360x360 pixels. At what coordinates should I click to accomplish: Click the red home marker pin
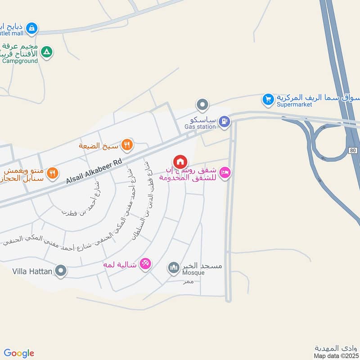[x=180, y=161]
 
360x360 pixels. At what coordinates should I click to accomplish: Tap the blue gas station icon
[x=224, y=121]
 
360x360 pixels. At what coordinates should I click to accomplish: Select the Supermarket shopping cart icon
[x=268, y=99]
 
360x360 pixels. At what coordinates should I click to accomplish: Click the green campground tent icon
[x=46, y=53]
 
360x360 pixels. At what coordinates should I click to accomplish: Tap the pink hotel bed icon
[x=225, y=172]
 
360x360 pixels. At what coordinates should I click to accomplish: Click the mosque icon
[x=174, y=268]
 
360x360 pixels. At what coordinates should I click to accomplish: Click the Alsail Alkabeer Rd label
[x=94, y=171]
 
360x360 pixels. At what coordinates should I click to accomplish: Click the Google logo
[x=19, y=353]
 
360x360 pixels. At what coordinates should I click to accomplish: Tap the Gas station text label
[x=200, y=127]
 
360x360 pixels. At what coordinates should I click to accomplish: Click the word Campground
[x=20, y=60]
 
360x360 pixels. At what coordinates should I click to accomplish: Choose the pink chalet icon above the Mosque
[x=145, y=263]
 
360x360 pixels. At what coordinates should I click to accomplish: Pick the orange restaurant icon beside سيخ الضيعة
[x=128, y=144]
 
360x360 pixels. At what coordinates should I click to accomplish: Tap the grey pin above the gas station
[x=202, y=105]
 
